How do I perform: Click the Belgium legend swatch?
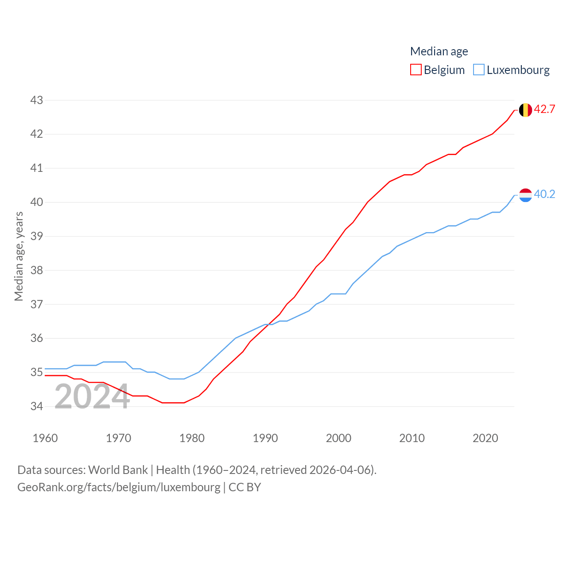click(x=416, y=70)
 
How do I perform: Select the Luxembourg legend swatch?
click(x=479, y=70)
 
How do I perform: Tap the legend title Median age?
click(x=439, y=51)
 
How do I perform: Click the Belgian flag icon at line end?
click(x=525, y=110)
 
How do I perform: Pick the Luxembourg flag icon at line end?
click(x=525, y=195)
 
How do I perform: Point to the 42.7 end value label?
click(x=544, y=109)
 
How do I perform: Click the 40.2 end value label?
click(x=544, y=194)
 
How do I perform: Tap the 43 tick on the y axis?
click(x=37, y=101)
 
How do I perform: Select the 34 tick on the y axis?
click(x=37, y=406)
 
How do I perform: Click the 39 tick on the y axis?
click(x=37, y=236)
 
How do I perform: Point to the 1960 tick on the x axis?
click(x=45, y=438)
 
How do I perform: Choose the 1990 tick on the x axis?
click(x=265, y=438)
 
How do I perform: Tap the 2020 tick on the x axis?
click(x=485, y=438)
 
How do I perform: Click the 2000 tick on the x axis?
click(x=338, y=438)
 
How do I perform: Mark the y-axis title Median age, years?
click(x=19, y=256)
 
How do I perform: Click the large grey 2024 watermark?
click(x=92, y=396)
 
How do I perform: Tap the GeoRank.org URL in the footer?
click(x=119, y=487)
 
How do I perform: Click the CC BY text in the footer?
click(x=245, y=487)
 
